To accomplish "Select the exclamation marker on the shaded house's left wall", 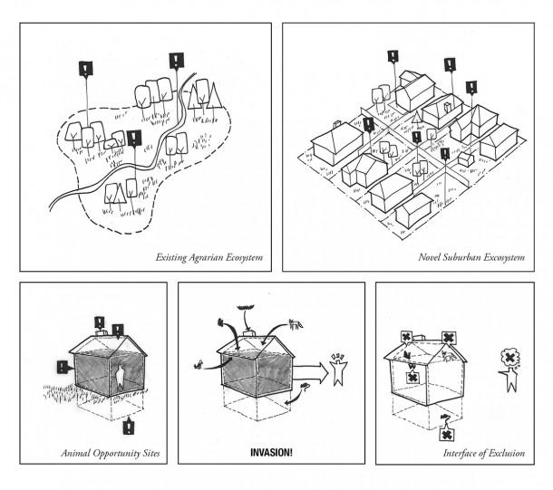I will click(x=62, y=368).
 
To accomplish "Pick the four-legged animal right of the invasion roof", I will click(x=293, y=322).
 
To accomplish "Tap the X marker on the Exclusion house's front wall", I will click(x=412, y=374).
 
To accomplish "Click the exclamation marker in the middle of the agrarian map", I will click(x=135, y=139).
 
